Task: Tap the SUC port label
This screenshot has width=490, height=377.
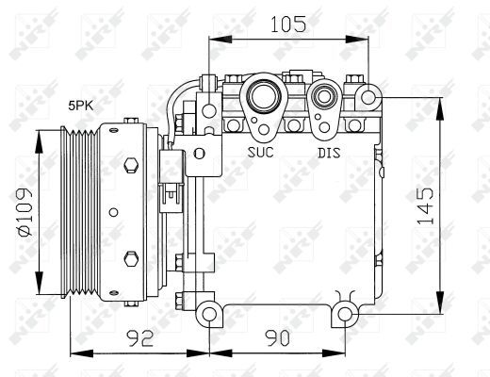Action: [261, 150]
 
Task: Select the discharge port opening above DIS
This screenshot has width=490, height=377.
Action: [326, 95]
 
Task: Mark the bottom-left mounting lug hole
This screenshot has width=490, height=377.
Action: [208, 313]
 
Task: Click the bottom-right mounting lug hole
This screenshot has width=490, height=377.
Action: [346, 313]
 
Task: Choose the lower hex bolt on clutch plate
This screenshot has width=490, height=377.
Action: [131, 256]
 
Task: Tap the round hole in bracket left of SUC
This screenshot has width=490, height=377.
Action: [199, 154]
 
